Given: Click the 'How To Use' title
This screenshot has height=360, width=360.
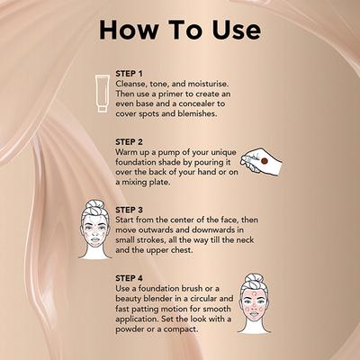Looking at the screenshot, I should pyautogui.click(x=179, y=29).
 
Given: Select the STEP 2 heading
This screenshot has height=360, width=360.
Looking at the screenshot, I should pyautogui.click(x=134, y=141).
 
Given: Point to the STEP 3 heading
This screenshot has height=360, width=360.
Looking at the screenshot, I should pyautogui.click(x=134, y=210).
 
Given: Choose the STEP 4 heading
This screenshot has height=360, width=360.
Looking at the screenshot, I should pyautogui.click(x=134, y=278).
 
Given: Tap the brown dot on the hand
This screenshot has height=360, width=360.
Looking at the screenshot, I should pyautogui.click(x=264, y=159).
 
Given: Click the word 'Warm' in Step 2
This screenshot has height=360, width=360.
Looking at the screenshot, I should pyautogui.click(x=130, y=153).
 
